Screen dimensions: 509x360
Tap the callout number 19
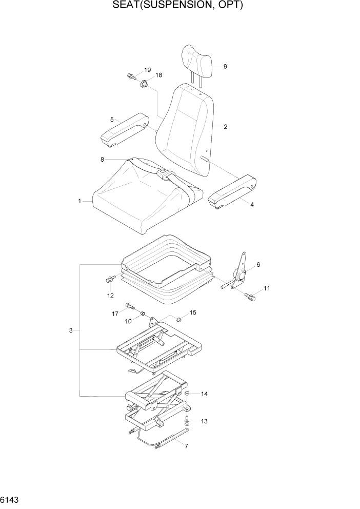[147, 70]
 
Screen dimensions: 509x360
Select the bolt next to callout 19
[131, 77]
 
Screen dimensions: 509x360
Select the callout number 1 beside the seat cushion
[79, 202]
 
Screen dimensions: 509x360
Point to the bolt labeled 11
[250, 296]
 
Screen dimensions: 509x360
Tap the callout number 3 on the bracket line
[71, 330]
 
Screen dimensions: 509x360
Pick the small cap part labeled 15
[179, 319]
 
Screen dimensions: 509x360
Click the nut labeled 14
[188, 394]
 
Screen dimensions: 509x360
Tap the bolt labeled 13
[187, 420]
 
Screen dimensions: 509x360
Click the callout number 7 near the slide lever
[186, 446]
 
